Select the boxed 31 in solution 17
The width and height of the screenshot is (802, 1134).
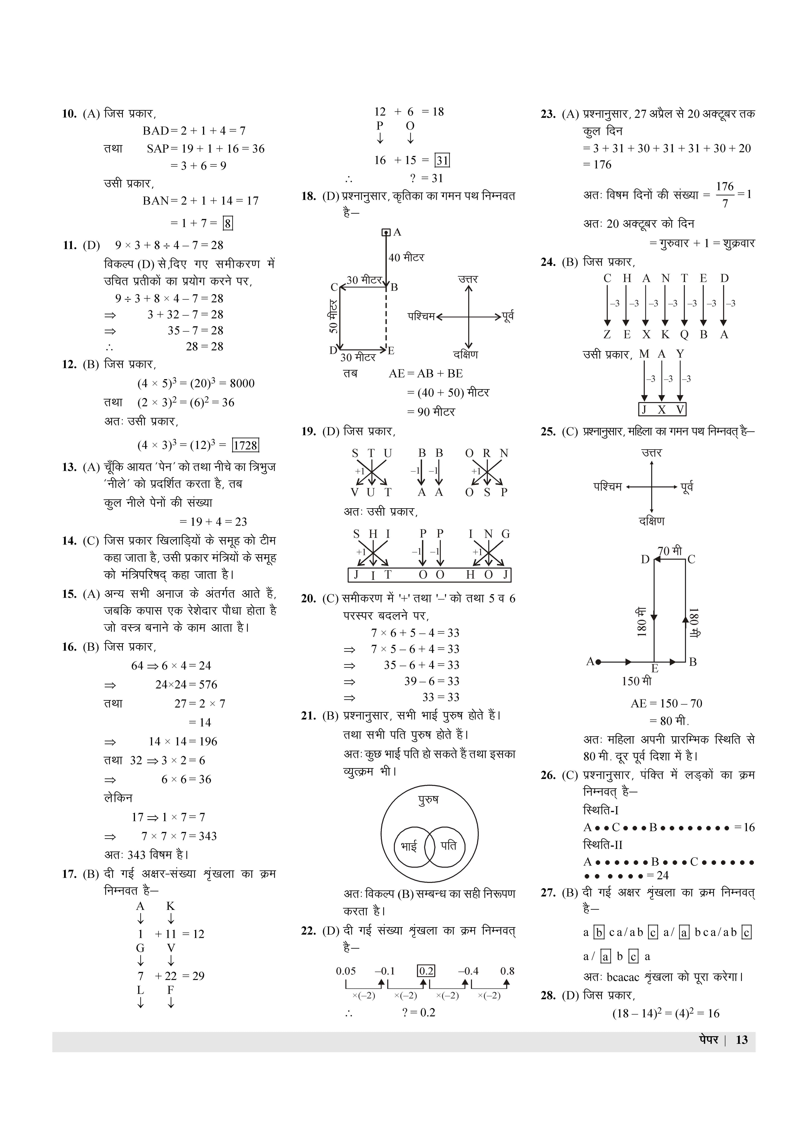pos(442,161)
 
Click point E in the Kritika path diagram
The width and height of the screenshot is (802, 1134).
pos(391,351)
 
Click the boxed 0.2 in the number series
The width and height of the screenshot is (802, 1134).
pos(426,971)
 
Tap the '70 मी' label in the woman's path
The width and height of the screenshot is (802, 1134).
pos(670,550)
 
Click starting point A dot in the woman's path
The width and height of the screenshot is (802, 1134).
pos(598,662)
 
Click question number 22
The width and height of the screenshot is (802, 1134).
pos(309,931)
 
